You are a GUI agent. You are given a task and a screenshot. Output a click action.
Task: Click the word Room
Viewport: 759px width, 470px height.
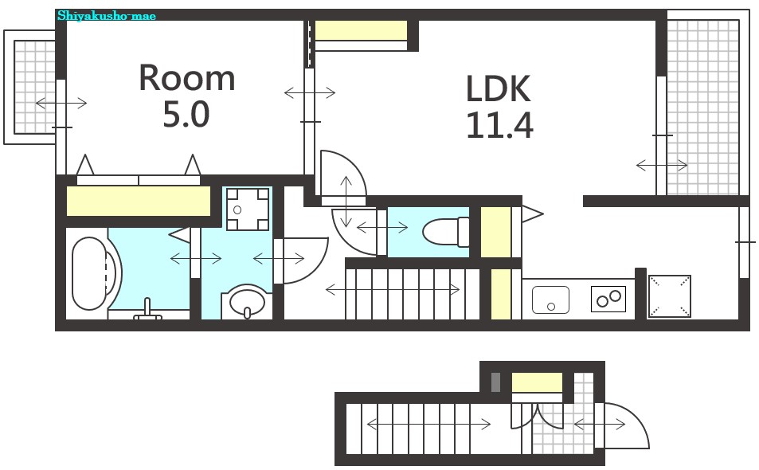[187, 78]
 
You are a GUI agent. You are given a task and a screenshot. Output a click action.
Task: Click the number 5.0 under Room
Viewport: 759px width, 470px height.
[186, 115]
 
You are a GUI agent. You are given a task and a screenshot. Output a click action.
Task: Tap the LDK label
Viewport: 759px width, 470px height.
[498, 88]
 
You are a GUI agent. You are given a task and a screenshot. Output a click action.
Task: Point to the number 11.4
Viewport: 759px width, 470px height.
[499, 125]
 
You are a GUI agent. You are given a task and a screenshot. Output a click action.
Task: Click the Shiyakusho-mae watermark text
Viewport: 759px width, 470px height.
[107, 16]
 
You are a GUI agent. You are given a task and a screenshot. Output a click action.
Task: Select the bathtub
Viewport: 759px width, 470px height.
[90, 273]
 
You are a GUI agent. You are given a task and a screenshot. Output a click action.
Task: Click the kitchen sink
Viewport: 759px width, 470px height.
[550, 300]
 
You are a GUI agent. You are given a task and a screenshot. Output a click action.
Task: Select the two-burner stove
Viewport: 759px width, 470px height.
[608, 299]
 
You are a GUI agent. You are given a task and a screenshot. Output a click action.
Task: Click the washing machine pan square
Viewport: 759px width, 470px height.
[248, 209]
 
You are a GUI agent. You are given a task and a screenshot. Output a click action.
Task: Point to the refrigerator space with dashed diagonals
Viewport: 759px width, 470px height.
[670, 296]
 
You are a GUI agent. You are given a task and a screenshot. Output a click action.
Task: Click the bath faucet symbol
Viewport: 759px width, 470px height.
[147, 311]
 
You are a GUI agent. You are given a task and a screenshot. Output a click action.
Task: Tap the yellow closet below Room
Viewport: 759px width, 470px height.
[139, 201]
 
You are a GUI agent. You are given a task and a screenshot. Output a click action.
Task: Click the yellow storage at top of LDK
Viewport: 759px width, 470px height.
[361, 30]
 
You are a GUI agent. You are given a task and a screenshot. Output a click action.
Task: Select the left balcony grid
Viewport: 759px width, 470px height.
[34, 87]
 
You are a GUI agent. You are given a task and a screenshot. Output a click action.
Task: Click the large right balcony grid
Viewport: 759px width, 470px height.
[702, 107]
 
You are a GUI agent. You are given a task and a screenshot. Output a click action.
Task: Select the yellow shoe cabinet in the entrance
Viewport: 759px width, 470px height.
[538, 382]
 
